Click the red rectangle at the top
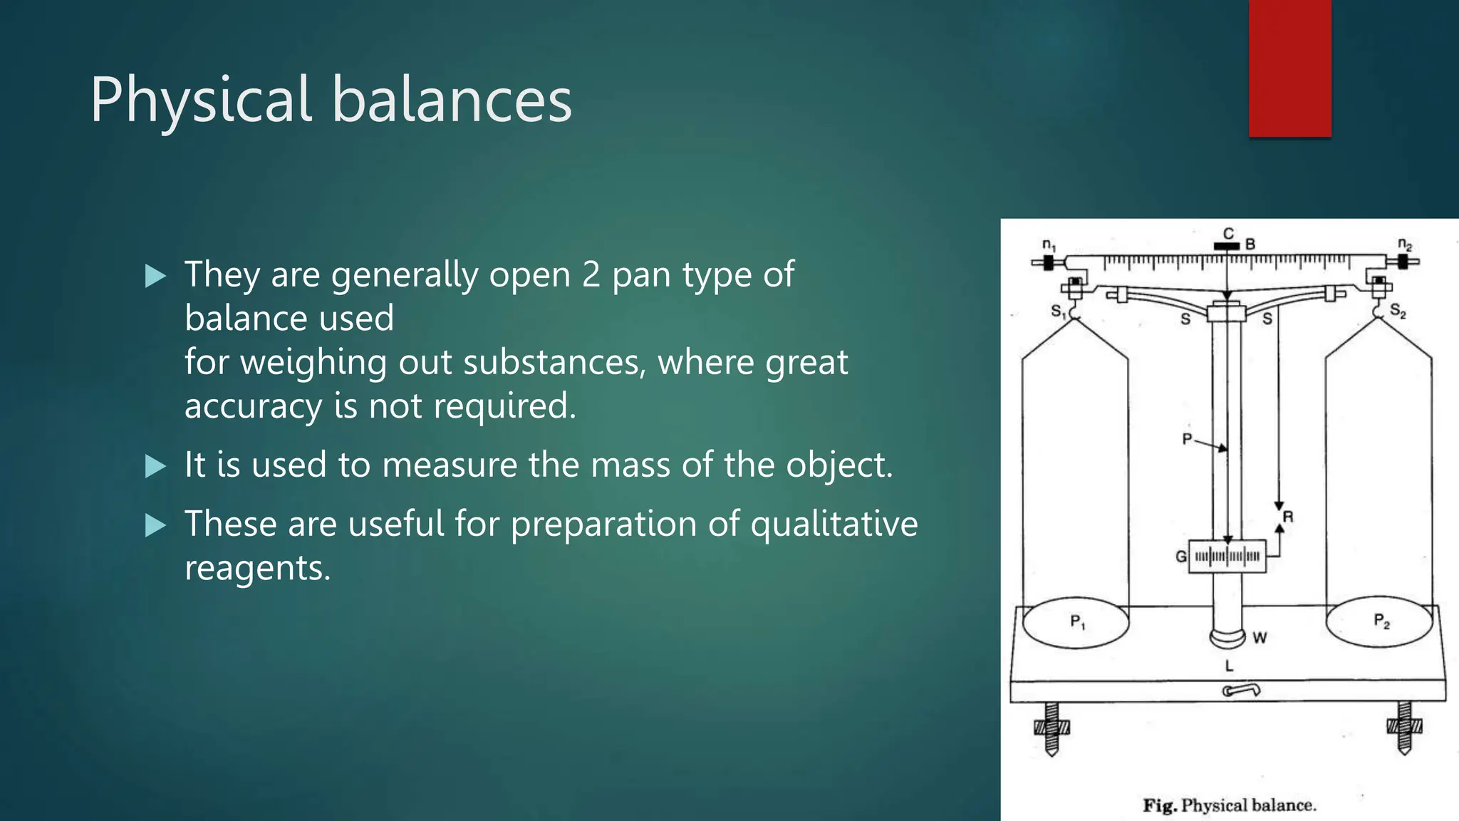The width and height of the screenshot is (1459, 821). (x=1289, y=68)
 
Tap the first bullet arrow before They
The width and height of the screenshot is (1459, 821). (x=155, y=276)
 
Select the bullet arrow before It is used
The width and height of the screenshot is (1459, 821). (x=155, y=466)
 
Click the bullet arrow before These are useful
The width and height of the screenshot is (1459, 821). (x=155, y=525)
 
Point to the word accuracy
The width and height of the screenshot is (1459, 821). (x=253, y=406)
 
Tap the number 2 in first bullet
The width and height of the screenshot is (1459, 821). (x=591, y=274)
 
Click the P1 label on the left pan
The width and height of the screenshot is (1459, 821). (x=1078, y=622)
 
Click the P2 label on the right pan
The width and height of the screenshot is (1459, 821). (x=1381, y=621)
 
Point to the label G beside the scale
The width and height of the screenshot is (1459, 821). (x=1180, y=557)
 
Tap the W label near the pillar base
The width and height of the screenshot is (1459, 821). (x=1260, y=638)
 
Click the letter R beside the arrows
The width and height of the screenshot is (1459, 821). (x=1288, y=517)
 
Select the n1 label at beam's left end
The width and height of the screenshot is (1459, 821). (x=1049, y=245)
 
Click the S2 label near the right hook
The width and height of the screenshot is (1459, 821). (x=1398, y=311)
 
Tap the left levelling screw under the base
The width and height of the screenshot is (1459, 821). (x=1052, y=728)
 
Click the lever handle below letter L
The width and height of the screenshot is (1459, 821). (x=1241, y=690)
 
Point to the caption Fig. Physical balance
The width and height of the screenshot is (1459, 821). (x=1230, y=805)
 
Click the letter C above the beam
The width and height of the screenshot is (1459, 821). (x=1228, y=234)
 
